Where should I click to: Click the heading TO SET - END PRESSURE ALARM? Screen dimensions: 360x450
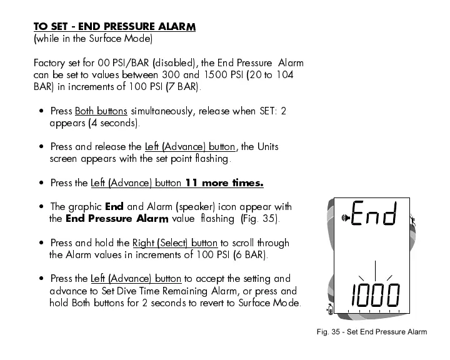tap(114, 27)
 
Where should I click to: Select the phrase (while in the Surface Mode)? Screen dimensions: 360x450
tap(92, 39)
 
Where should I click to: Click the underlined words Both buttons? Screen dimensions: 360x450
tap(101, 111)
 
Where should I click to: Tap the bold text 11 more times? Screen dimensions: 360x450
tap(224, 183)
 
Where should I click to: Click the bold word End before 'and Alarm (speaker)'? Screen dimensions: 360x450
tap(114, 207)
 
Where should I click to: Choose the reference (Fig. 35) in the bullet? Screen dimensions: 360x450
tap(261, 219)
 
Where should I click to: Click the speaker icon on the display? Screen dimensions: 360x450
tap(344, 218)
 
